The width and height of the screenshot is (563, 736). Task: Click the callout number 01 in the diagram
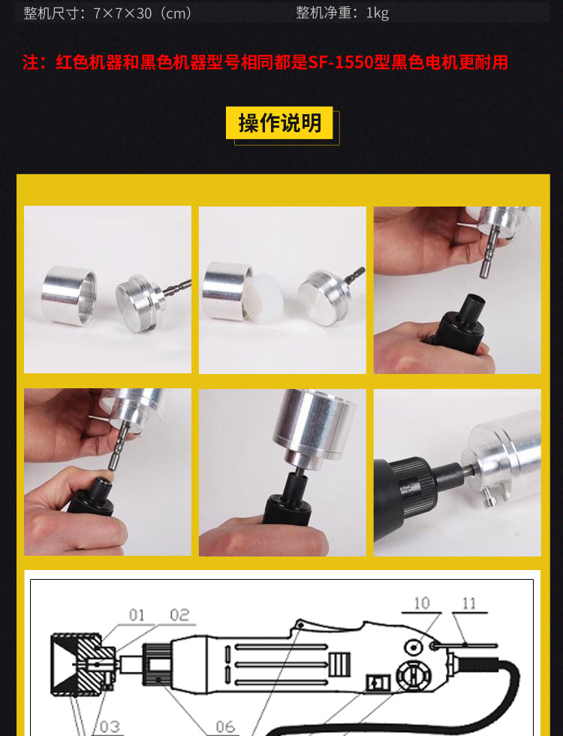click(x=136, y=615)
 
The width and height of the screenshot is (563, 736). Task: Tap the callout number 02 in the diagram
click(x=179, y=615)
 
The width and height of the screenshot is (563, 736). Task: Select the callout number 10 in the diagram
click(x=422, y=602)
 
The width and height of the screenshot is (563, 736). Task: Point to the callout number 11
click(x=469, y=602)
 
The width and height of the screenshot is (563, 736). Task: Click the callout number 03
click(x=109, y=726)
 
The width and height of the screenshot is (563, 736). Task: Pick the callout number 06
click(x=225, y=726)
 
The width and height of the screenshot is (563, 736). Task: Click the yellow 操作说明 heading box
click(x=279, y=123)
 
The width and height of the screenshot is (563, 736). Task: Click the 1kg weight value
click(x=377, y=13)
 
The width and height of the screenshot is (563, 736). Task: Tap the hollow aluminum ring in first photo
click(x=69, y=294)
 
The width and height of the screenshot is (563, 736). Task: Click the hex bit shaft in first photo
click(x=177, y=286)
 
